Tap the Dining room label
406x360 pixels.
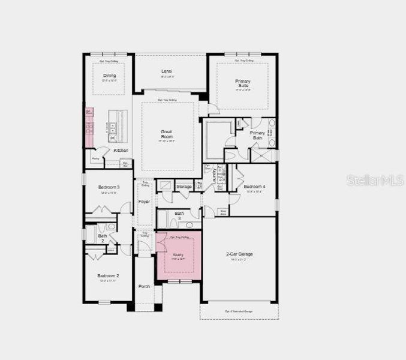coord(109,76)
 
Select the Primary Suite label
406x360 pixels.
coord(242,83)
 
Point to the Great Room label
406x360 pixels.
coord(167,134)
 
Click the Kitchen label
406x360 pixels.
coord(121,150)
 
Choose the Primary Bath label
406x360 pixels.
coord(257,136)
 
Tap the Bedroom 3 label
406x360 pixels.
coord(109,187)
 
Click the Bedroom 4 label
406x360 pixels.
coord(254,187)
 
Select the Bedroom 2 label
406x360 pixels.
coord(109,275)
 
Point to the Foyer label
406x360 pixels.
coord(144,202)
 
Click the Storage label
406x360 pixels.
coord(184,187)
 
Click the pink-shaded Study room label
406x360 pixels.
coord(178,255)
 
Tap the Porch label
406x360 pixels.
coord(144,286)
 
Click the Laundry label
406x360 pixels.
coord(214,174)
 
